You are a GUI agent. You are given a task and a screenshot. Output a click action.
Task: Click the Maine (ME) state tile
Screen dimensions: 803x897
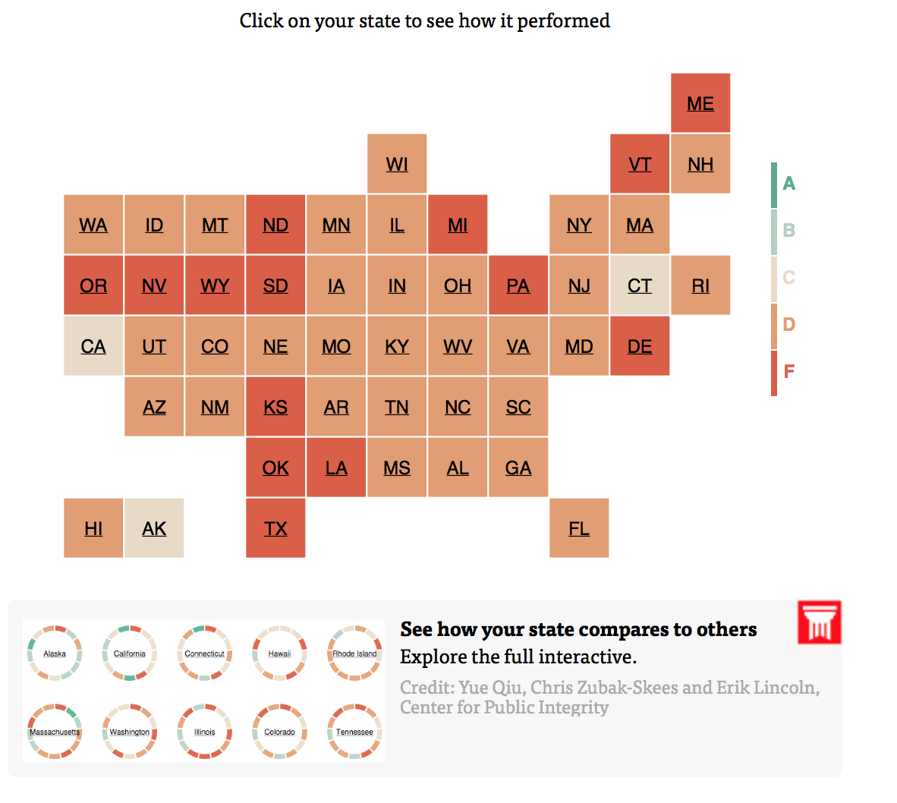point(700,103)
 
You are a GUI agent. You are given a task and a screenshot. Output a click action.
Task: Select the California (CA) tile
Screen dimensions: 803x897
point(93,346)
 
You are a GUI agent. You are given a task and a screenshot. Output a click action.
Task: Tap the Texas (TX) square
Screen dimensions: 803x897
point(275,528)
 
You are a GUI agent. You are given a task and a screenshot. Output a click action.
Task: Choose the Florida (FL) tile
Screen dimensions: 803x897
point(579,528)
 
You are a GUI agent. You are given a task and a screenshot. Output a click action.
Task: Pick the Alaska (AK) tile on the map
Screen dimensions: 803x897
point(154,528)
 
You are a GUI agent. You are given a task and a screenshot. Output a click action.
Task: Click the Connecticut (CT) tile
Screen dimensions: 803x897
point(640,285)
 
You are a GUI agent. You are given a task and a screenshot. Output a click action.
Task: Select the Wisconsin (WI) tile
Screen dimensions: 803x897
point(397,164)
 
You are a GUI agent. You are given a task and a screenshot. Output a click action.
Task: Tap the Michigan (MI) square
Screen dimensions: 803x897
point(458,225)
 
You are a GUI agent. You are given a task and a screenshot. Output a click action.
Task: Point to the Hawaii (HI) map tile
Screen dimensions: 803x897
point(93,528)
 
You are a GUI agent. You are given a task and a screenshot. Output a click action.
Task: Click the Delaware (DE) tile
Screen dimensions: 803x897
point(640,346)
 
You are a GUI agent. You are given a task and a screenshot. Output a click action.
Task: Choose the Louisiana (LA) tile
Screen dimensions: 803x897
point(336,468)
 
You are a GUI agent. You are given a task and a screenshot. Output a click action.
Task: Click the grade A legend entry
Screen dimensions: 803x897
point(785,184)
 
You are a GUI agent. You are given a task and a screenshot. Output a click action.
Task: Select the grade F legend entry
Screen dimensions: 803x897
point(785,372)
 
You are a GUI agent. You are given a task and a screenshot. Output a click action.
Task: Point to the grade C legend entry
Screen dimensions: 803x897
point(785,278)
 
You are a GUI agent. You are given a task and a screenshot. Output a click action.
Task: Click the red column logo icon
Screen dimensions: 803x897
point(820,622)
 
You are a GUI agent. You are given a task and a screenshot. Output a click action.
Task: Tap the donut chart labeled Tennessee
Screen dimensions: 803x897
point(354,732)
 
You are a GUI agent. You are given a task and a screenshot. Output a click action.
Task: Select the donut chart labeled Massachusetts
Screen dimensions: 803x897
point(55,732)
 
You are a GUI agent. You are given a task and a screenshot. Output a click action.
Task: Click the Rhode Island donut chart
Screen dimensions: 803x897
point(354,653)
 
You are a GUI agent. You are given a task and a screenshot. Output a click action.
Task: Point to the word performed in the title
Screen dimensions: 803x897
point(563,20)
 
